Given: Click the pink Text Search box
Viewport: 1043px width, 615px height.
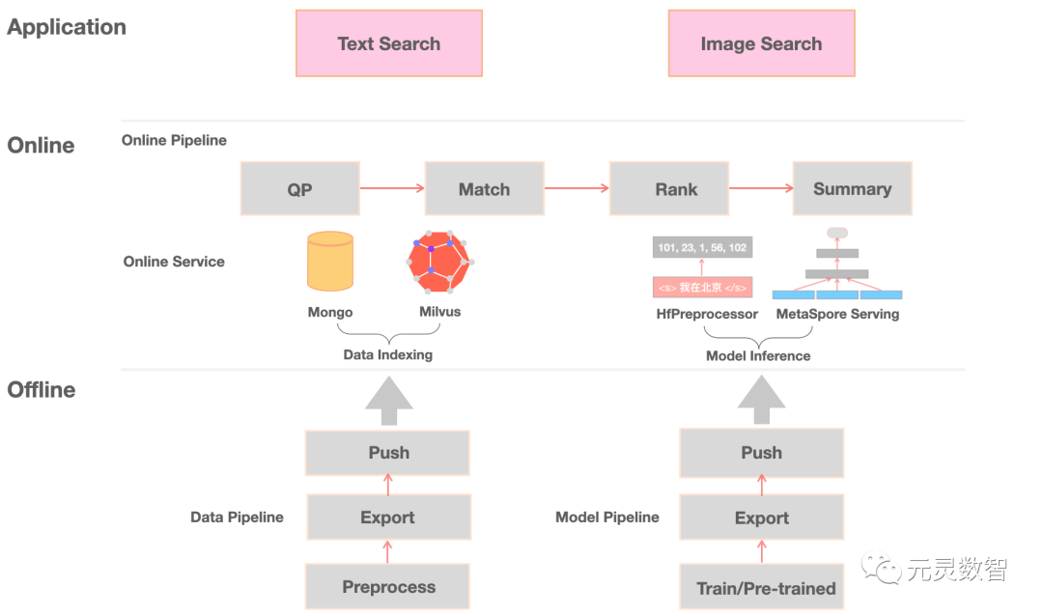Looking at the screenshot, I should pos(388,43).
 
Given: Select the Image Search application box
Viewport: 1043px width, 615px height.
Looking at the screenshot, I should pos(761,43).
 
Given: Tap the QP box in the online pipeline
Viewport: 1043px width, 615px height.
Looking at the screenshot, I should pos(299,189).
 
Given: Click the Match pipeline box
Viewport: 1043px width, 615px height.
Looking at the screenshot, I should pos(484,189).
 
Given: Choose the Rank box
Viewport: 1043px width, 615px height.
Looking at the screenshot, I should pos(676,189).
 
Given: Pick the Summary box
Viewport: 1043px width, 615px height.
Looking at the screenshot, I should pos(852,189).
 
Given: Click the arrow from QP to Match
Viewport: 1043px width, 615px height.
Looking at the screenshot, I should pos(392,189).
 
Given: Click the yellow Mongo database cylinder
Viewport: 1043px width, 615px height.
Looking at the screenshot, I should pos(330,262).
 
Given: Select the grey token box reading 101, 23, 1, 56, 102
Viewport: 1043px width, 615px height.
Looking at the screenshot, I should pos(702,248).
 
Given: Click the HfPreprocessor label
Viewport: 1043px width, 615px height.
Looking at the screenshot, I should pos(707,314).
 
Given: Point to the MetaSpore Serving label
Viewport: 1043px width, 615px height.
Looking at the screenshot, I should pos(837,314).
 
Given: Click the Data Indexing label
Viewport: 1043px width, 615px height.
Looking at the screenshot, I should pos(387,355).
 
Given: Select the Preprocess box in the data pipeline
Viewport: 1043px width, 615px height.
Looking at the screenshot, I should pos(388,587).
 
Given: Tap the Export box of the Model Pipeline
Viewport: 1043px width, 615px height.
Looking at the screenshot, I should pos(762,517).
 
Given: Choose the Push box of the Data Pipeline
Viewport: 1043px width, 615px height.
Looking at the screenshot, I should pos(388,453).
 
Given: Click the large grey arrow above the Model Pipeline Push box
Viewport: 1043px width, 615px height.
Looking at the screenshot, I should pos(762,399).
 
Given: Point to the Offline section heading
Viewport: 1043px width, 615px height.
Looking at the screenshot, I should pos(42,390).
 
